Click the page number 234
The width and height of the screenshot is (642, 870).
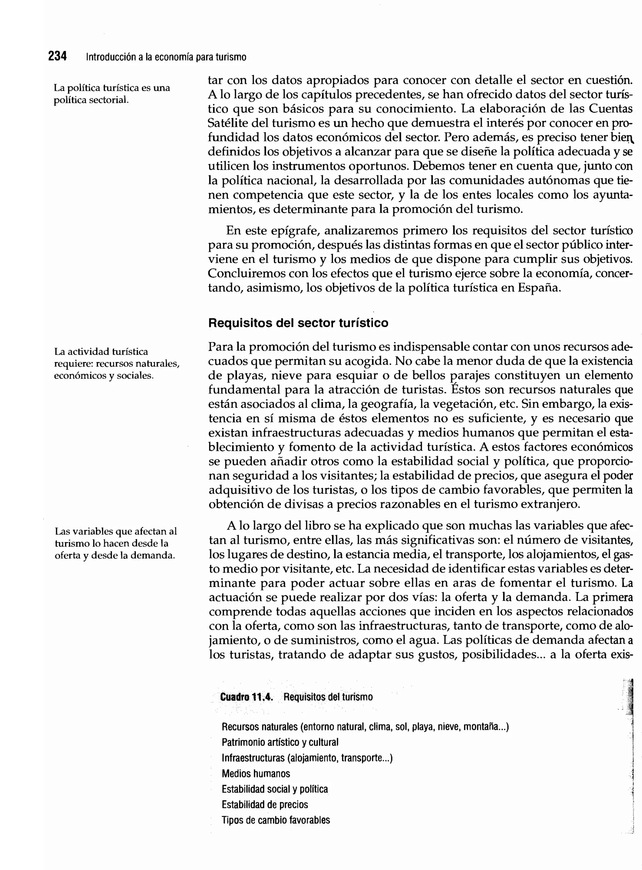click(57, 56)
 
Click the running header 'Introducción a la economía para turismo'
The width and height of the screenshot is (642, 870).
click(166, 57)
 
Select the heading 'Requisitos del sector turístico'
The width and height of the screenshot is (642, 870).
click(298, 323)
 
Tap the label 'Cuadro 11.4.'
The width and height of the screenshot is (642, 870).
click(246, 697)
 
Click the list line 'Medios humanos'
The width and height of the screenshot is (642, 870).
click(256, 773)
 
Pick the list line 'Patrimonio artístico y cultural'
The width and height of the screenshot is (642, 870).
click(280, 742)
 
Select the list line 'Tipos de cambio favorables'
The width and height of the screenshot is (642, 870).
click(276, 820)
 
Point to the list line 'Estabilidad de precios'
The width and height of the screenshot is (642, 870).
click(265, 804)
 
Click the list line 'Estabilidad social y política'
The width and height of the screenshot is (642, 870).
click(275, 789)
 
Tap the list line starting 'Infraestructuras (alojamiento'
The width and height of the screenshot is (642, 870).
click(307, 758)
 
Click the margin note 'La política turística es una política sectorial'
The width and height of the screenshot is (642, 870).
click(112, 94)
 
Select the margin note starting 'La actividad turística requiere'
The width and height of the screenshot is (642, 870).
click(117, 363)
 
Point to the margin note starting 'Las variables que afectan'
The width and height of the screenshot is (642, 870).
click(115, 543)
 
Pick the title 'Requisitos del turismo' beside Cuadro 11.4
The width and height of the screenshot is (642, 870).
click(328, 697)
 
